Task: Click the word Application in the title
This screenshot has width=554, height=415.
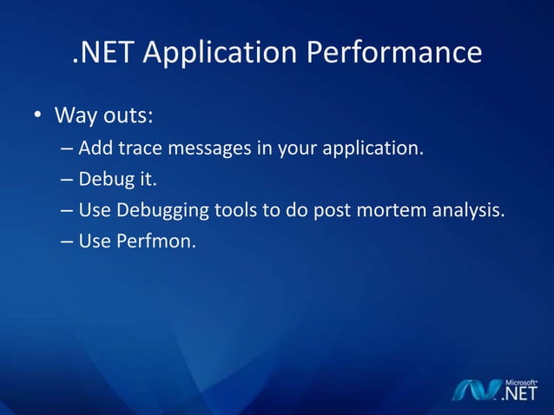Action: (x=220, y=54)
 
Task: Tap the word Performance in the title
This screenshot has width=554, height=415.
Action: (x=393, y=54)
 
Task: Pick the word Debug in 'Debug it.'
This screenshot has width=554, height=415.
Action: (x=103, y=179)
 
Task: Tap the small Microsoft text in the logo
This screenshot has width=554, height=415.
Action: (x=520, y=381)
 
